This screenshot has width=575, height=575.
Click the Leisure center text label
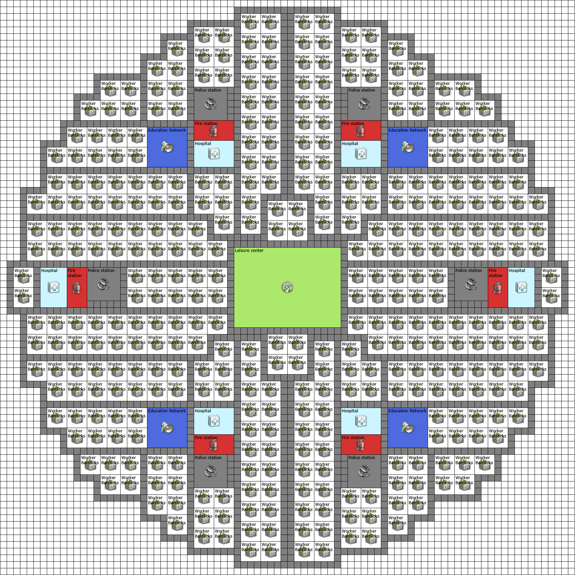coord(249,251)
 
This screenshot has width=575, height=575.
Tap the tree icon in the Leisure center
coord(287,287)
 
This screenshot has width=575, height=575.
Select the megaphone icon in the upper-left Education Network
coord(167,147)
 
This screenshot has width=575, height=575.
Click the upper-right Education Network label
coord(407,130)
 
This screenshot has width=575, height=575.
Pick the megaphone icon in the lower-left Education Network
coord(167,428)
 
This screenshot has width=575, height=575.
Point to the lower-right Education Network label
coord(407,411)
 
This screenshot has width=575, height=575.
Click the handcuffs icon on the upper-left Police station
coord(210,104)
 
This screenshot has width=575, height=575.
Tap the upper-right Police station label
coord(362,90)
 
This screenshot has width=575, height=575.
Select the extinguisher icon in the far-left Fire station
coord(77,288)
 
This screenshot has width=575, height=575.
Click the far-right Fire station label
coord(495,273)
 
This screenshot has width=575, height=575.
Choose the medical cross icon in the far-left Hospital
coord(53,287)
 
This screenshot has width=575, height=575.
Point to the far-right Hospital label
coord(517,271)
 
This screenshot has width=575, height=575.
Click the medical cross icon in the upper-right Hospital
coord(361,154)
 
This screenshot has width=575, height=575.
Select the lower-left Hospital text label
coord(203,411)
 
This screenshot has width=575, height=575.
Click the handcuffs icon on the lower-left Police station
coord(210,471)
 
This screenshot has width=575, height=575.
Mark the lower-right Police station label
coord(362,458)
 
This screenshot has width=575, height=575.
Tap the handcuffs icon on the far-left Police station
coord(104,285)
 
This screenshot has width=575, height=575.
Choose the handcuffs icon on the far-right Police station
coord(471,285)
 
